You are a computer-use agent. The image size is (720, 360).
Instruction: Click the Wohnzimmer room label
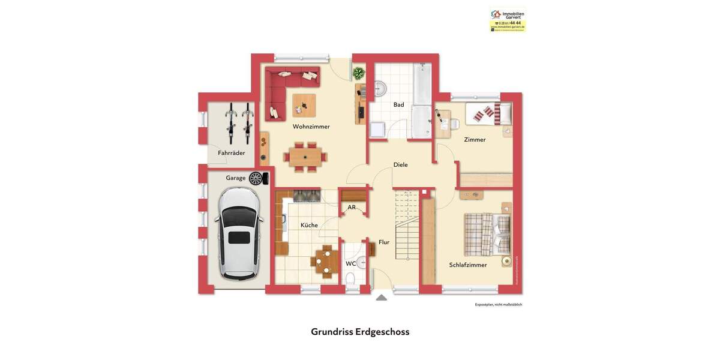(311, 127)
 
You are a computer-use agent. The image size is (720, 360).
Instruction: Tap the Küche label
(309, 225)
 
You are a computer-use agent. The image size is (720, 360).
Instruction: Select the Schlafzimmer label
(468, 265)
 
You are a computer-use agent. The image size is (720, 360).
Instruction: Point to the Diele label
(400, 164)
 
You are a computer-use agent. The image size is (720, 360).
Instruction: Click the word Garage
(235, 178)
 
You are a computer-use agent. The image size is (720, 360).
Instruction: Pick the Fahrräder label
(231, 153)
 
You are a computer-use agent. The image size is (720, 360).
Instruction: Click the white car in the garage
(239, 233)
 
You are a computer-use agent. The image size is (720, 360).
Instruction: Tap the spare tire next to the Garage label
(256, 178)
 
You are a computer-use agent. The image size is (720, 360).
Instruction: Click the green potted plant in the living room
(359, 73)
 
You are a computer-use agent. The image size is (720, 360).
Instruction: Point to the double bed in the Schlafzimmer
(487, 234)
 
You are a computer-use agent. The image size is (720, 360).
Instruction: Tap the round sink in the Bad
(380, 89)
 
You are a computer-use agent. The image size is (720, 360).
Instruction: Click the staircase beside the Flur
(407, 225)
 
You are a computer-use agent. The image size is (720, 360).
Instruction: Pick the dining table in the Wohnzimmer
(305, 157)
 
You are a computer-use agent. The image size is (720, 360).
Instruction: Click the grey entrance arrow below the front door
(381, 298)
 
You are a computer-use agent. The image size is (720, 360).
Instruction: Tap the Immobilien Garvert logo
(508, 19)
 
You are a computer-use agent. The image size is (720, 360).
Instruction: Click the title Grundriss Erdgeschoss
(360, 332)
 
